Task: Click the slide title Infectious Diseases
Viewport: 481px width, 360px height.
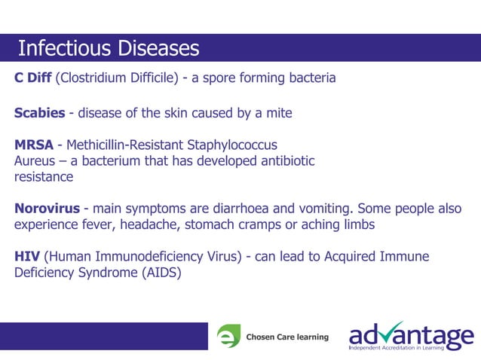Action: tap(108, 48)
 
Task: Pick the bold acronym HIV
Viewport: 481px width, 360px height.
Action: tap(27, 257)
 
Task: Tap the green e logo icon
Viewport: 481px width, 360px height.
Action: tap(228, 337)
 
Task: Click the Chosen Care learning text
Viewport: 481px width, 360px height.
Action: tap(287, 337)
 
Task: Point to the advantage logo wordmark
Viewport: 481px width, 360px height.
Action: tap(411, 333)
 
